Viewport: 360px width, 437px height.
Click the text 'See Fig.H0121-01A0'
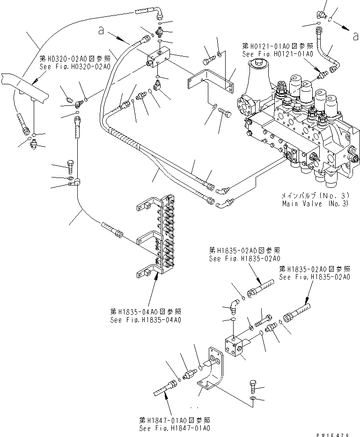tap(278, 54)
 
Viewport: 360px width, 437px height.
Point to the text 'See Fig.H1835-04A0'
tap(146, 320)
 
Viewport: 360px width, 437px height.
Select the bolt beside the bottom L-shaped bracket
tap(253, 385)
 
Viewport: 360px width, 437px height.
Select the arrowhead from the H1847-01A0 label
tap(166, 399)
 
